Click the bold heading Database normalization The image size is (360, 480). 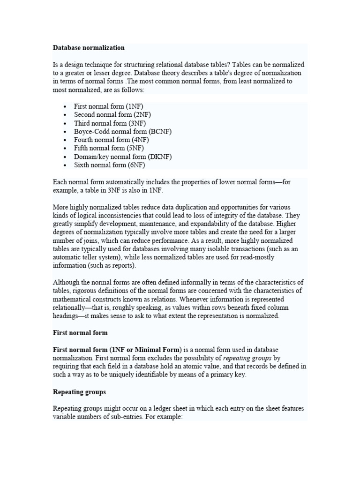point(89,47)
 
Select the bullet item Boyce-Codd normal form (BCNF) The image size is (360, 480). point(122,131)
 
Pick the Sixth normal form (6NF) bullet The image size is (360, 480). point(109,165)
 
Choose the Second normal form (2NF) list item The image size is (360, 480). point(112,114)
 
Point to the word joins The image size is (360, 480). point(85,240)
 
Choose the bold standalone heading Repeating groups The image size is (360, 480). point(79,391)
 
